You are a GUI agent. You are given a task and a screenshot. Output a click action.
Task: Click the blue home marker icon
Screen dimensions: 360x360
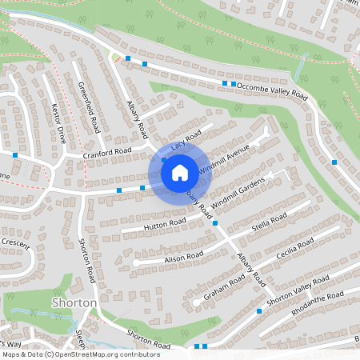[x=180, y=172]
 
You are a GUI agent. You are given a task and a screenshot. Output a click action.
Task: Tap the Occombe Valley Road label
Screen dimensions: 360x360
[x=272, y=90]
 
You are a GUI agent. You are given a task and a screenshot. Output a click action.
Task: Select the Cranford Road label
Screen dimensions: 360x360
[x=108, y=151]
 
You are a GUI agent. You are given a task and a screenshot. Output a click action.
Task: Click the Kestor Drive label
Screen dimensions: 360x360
[x=58, y=121]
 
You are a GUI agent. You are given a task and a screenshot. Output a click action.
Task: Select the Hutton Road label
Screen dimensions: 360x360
[x=165, y=223]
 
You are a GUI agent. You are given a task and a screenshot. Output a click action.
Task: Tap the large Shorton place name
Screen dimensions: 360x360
[x=74, y=303]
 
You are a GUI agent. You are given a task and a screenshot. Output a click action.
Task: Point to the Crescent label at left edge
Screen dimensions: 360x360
[x=15, y=241]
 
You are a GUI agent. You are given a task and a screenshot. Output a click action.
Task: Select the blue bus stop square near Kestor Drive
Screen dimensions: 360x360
[x=15, y=154]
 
